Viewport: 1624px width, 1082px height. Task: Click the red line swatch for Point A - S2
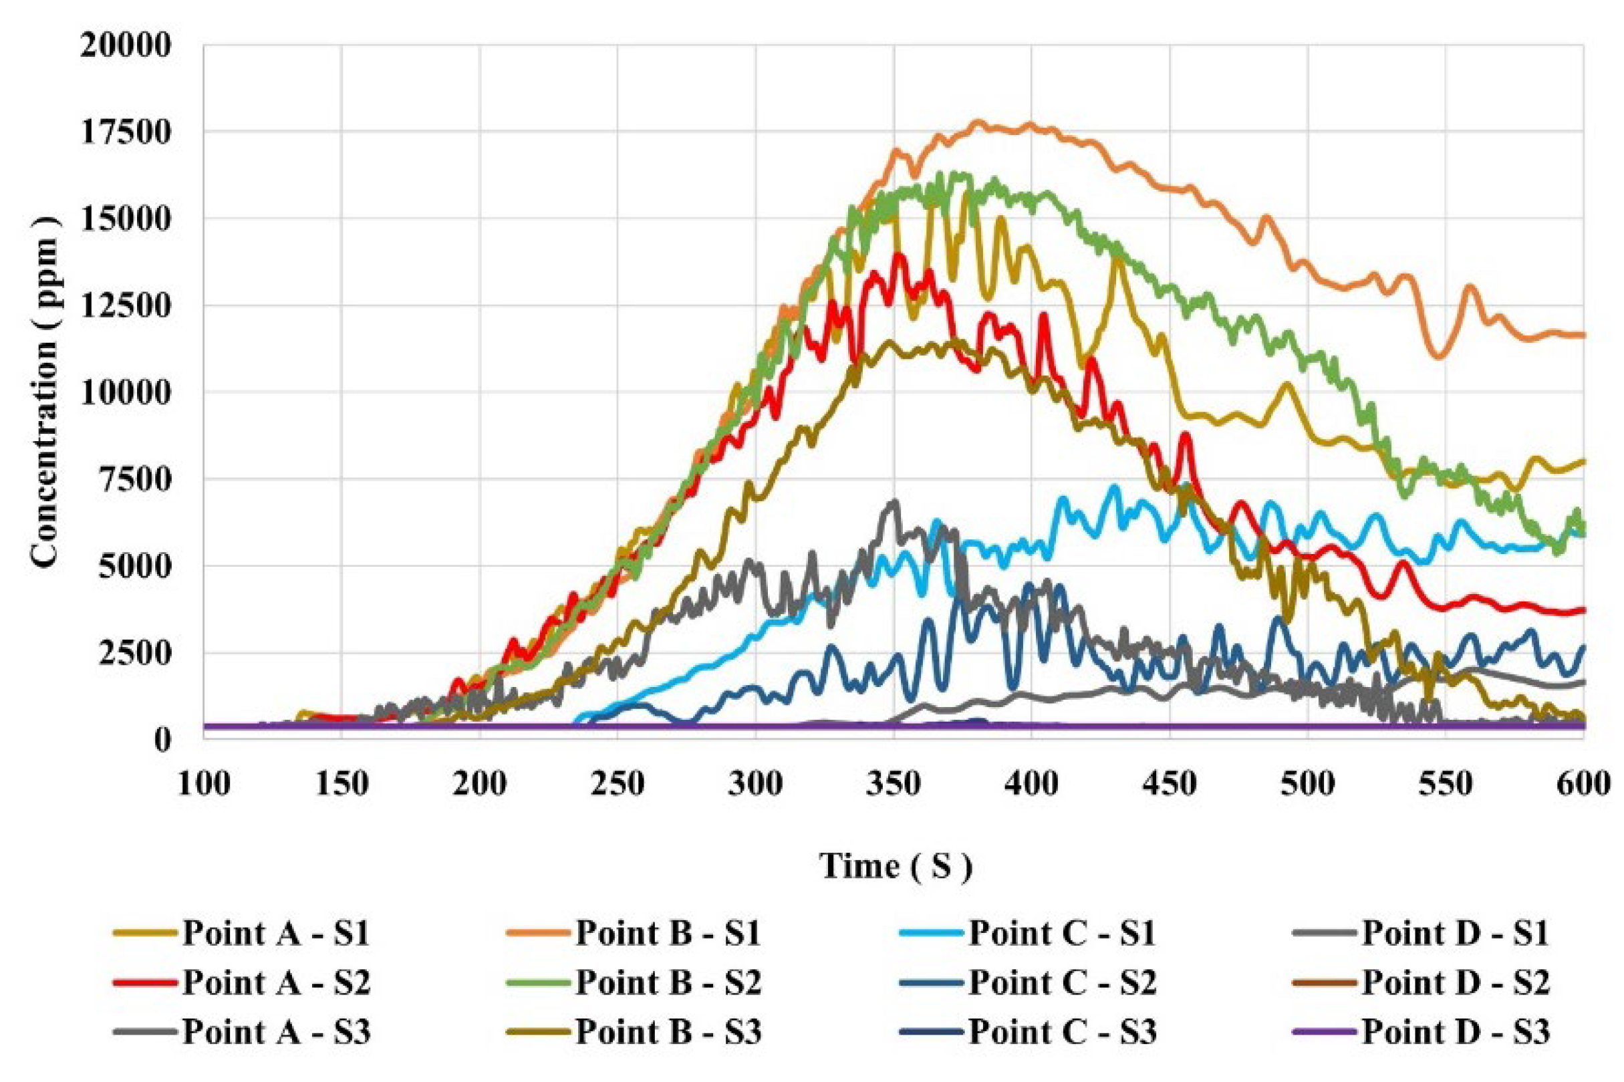pyautogui.click(x=145, y=982)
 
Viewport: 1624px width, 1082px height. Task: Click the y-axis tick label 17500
pyautogui.click(x=125, y=133)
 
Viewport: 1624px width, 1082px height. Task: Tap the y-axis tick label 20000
pyautogui.click(x=125, y=46)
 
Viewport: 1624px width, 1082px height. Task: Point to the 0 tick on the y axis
pyautogui.click(x=162, y=740)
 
